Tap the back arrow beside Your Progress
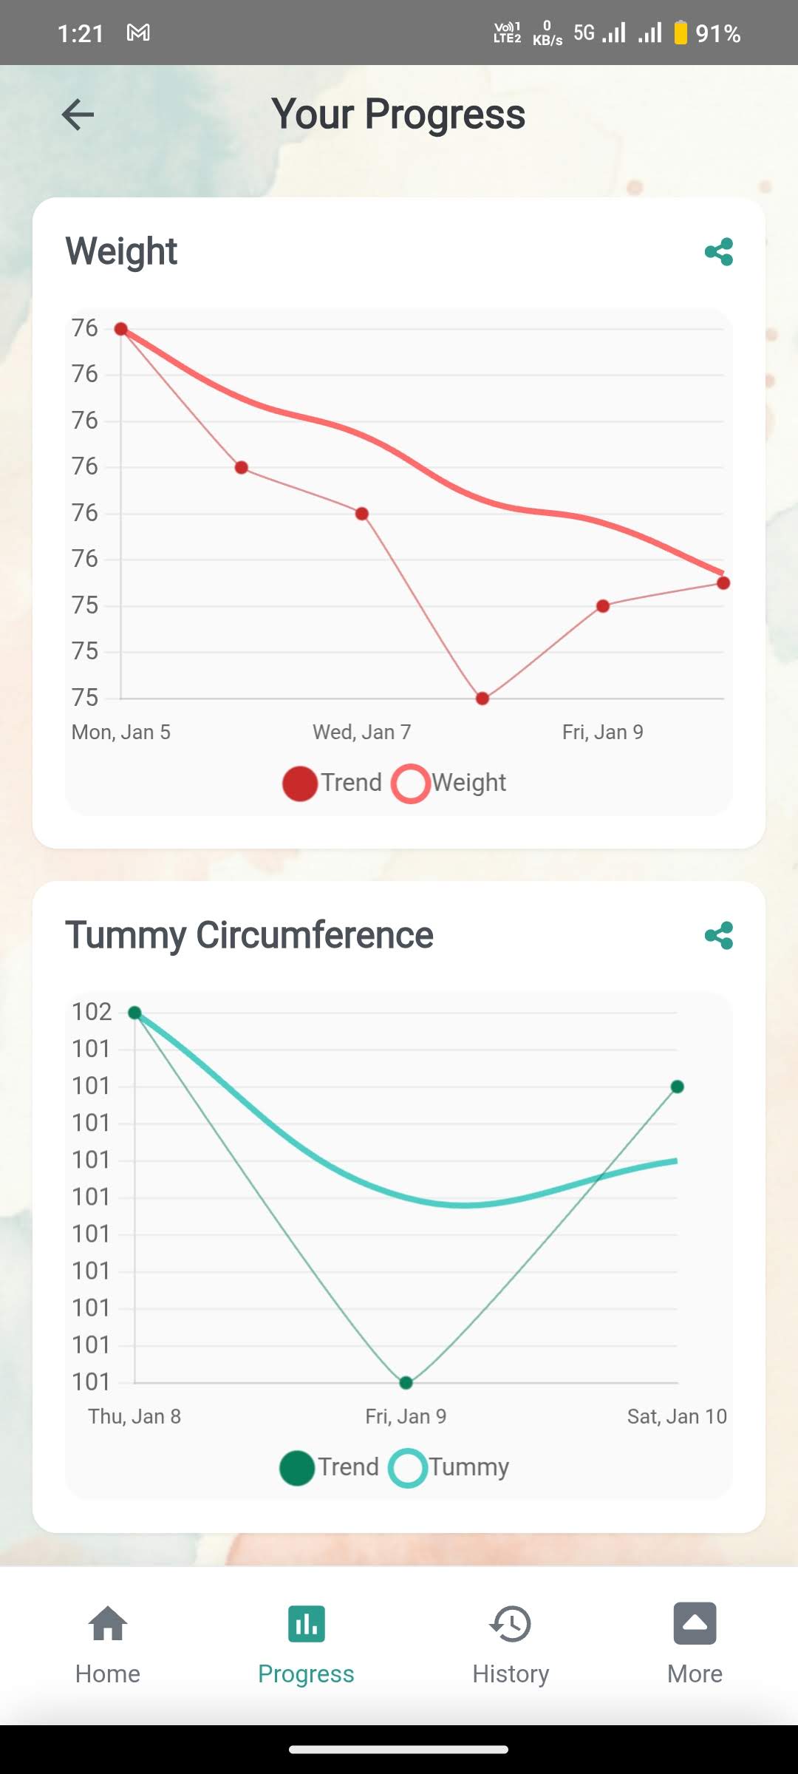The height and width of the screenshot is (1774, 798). pyautogui.click(x=78, y=115)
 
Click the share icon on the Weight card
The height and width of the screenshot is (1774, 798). pyautogui.click(x=719, y=252)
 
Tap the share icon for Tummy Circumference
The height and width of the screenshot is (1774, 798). pyautogui.click(x=719, y=936)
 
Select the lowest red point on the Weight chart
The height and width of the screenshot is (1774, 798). pyautogui.click(x=482, y=699)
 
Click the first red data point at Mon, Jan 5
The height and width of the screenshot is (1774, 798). pyautogui.click(x=121, y=329)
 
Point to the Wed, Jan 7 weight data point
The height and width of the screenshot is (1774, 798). pyautogui.click(x=362, y=514)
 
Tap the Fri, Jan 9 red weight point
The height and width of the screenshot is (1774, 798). pyautogui.click(x=603, y=606)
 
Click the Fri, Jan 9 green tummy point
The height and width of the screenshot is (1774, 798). pyautogui.click(x=406, y=1382)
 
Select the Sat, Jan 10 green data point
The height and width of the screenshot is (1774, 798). pyautogui.click(x=677, y=1087)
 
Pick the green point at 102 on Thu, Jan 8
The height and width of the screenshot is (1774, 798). pyautogui.click(x=134, y=1013)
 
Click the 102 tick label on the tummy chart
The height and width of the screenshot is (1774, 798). pyautogui.click(x=92, y=1012)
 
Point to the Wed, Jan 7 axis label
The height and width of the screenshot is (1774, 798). pyautogui.click(x=362, y=733)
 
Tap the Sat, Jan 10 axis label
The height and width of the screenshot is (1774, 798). pyautogui.click(x=677, y=1416)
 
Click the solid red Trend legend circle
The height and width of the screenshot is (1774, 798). pyautogui.click(x=300, y=784)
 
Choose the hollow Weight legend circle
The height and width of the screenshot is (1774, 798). pyautogui.click(x=411, y=784)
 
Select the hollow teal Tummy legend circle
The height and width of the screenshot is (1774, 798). pyautogui.click(x=408, y=1468)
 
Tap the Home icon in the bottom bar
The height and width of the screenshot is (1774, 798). pyautogui.click(x=108, y=1623)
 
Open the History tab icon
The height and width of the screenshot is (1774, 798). pyautogui.click(x=511, y=1623)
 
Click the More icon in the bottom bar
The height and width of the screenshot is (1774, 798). pyautogui.click(x=695, y=1623)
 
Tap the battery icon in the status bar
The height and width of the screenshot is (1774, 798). pyautogui.click(x=681, y=33)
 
